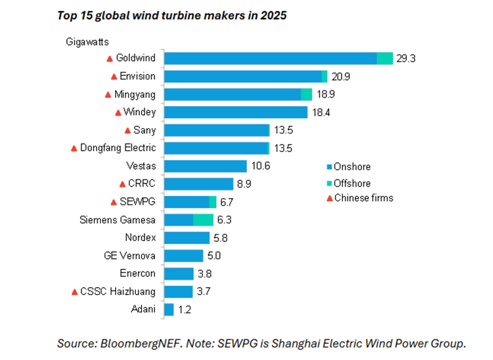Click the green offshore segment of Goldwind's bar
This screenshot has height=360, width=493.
(385, 59)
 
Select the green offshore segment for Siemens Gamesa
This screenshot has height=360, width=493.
(203, 219)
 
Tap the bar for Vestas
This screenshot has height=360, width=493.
(205, 166)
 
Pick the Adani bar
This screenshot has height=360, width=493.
(169, 310)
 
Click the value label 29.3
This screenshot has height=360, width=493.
(406, 59)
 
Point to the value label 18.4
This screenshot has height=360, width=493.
(321, 112)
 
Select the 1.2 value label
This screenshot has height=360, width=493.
(184, 310)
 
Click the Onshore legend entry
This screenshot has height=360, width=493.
(349, 166)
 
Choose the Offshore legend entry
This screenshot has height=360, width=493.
(349, 183)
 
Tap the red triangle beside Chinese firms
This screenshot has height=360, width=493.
(330, 198)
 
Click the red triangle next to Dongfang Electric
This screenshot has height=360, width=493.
(74, 148)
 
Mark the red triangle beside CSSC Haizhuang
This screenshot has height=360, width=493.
(74, 292)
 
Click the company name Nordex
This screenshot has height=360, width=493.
(140, 238)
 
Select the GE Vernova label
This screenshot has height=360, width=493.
(130, 256)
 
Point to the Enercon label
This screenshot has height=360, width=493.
(138, 273)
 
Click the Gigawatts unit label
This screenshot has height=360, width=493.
(87, 42)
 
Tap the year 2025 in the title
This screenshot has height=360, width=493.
(273, 15)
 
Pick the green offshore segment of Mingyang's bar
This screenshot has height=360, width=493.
(306, 95)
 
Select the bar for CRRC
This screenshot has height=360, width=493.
(199, 184)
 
